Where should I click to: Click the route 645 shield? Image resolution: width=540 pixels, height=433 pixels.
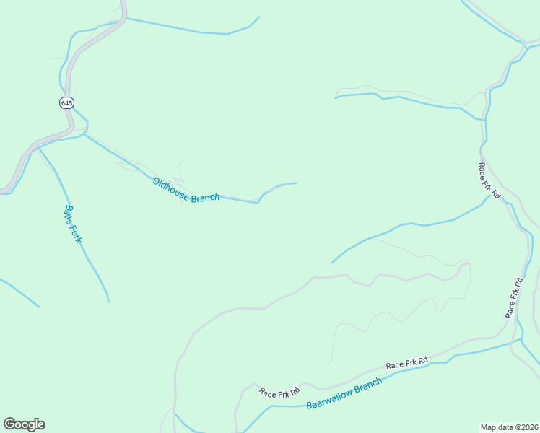point(66,102)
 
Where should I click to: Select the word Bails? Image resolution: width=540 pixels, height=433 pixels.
point(69,214)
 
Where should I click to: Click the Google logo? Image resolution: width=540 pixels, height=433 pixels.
point(24,424)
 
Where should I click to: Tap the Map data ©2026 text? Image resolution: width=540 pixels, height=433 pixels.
point(510,427)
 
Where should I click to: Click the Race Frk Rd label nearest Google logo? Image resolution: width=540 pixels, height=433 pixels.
point(279,393)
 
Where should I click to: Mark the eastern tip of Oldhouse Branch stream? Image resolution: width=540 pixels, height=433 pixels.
point(296,183)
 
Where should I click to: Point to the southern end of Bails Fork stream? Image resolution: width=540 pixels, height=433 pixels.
point(108,301)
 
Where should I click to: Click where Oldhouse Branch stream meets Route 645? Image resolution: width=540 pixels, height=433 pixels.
point(84,133)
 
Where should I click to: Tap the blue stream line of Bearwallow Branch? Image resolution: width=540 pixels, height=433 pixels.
point(433,364)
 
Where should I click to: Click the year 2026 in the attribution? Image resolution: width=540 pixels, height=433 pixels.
point(529,427)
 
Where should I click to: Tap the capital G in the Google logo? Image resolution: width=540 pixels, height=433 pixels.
point(10,424)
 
